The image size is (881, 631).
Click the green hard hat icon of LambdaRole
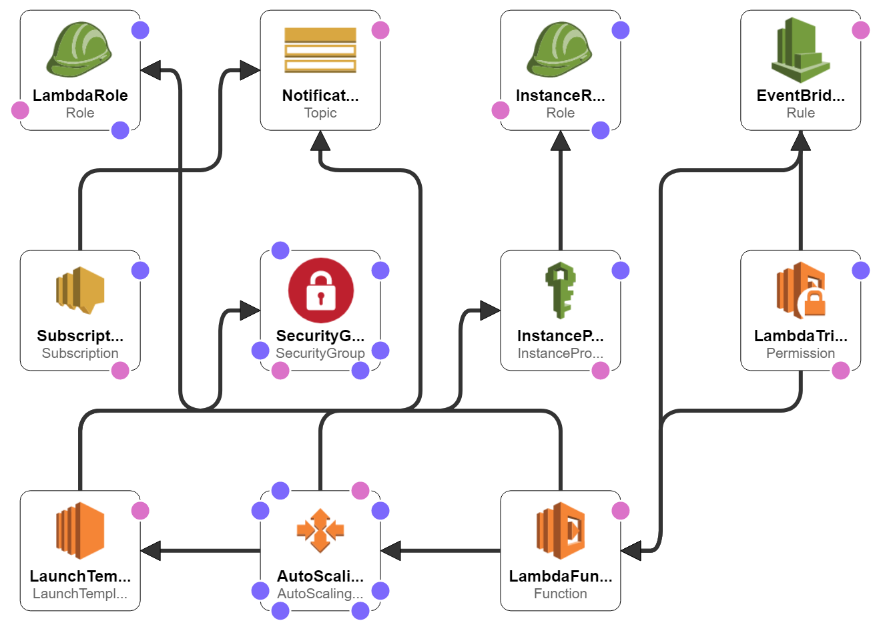tap(79, 50)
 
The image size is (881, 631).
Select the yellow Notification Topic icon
tap(320, 50)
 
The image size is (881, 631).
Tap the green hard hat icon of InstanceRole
tap(560, 50)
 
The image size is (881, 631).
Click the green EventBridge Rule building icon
tap(800, 50)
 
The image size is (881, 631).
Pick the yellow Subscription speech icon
tap(80, 290)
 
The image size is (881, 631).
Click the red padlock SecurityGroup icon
tap(320, 290)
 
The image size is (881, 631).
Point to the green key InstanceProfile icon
tap(561, 290)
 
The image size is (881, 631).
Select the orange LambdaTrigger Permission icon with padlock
tap(801, 290)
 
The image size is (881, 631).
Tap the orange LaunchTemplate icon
tap(80, 531)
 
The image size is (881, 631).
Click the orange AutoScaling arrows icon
tap(320, 531)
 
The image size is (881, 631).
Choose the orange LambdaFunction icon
tap(561, 531)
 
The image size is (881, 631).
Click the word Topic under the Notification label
tap(320, 113)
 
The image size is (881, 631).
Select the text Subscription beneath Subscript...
tap(80, 353)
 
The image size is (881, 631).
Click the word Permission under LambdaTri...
tap(800, 353)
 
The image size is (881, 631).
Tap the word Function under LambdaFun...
tap(560, 594)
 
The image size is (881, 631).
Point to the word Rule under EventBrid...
tap(800, 113)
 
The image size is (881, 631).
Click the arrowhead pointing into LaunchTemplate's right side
tap(151, 551)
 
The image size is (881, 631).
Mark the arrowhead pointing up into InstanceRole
tap(561, 140)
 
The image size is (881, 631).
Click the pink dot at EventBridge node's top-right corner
tap(861, 30)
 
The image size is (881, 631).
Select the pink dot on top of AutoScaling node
tap(360, 491)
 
